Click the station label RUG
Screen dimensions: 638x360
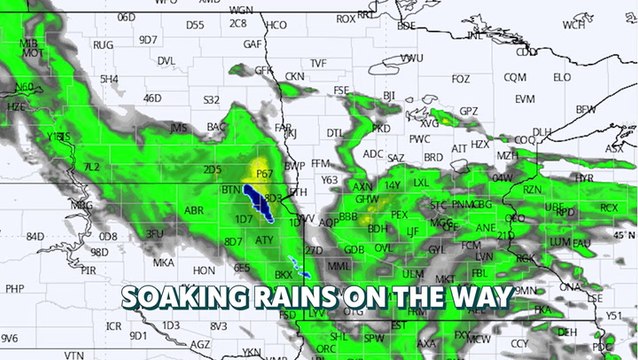[x=103, y=45]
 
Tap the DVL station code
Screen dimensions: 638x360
[x=166, y=61]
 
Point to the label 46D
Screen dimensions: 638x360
[x=152, y=98]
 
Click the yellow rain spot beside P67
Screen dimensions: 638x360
[x=262, y=165]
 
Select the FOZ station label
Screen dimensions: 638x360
[x=461, y=79]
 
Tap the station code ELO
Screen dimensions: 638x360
[x=562, y=77]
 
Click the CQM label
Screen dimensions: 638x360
[x=515, y=77]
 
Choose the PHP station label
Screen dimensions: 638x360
[x=14, y=288]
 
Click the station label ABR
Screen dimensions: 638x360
[x=194, y=210]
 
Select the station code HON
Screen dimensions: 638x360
[x=204, y=270]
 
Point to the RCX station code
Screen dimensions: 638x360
[x=608, y=207]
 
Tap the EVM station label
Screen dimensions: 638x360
[x=525, y=99]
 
